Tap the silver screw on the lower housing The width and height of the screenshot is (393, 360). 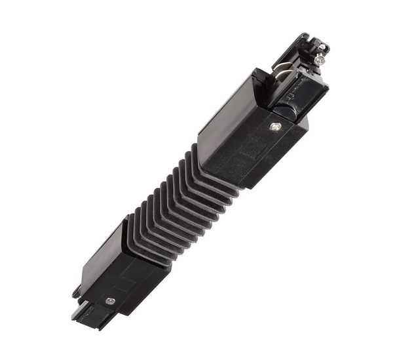point(110,301)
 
